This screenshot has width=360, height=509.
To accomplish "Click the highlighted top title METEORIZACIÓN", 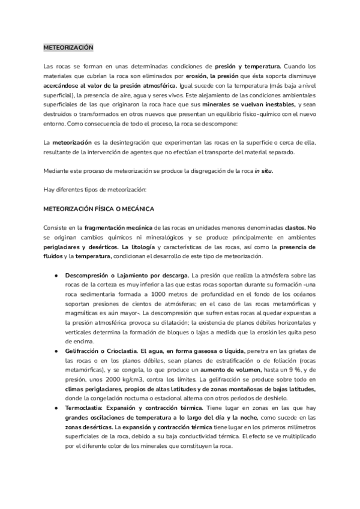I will pos(68,47).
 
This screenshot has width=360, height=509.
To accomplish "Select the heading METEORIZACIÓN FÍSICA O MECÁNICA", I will pos(99,208).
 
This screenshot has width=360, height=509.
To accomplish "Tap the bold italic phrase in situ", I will pos(264,171).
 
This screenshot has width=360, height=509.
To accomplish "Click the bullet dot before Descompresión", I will pos(56,276).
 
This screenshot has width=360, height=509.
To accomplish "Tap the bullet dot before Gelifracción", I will pos(56,350).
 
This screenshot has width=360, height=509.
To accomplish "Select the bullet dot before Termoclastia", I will pos(56,407).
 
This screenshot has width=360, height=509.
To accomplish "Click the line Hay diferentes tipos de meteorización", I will pos(95,190).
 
